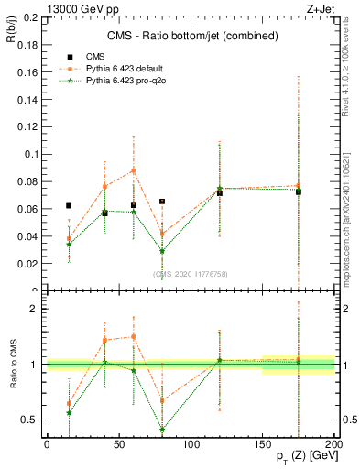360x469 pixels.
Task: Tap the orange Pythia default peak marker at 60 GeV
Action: [134, 170]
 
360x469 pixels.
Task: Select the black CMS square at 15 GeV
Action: [69, 206]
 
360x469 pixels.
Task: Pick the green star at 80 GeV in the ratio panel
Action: [162, 429]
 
